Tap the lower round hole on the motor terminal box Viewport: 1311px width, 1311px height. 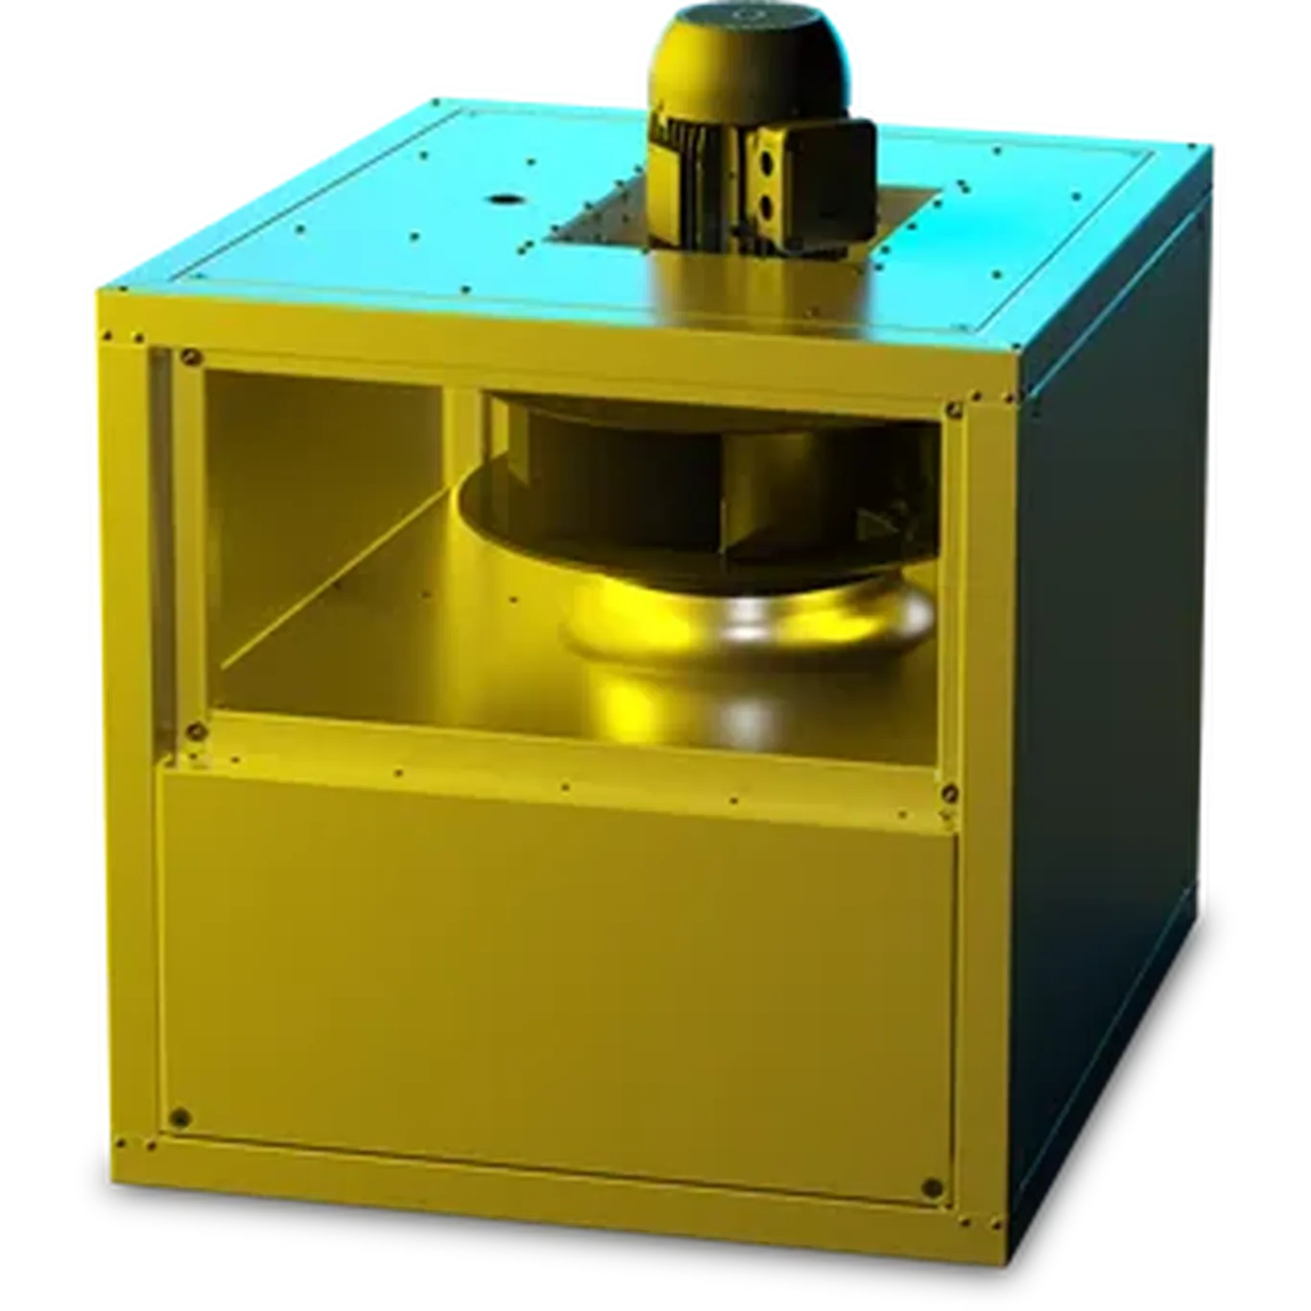pyautogui.click(x=768, y=204)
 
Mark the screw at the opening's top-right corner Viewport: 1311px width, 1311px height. pyautogui.click(x=952, y=410)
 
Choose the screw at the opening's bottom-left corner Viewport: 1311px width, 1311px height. pyautogui.click(x=195, y=731)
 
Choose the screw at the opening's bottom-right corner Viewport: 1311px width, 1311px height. pyautogui.click(x=950, y=793)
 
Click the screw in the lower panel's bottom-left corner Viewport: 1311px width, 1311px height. pyautogui.click(x=179, y=1116)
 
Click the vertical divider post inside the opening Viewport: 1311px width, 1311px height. pyautogui.click(x=459, y=451)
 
